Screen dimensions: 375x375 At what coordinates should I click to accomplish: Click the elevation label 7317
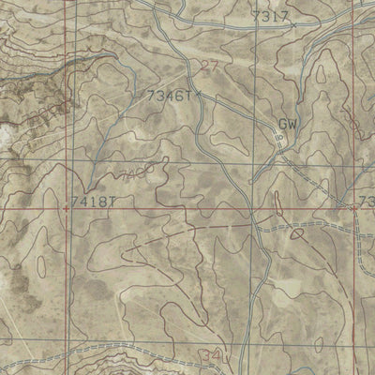coord(270,17)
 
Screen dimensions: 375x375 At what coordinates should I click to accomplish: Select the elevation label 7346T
coord(169,96)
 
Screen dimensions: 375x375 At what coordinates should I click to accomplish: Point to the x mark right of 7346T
coord(196,94)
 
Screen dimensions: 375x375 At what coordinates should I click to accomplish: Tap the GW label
coord(287,124)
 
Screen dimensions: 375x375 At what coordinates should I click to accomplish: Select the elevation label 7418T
coord(94,201)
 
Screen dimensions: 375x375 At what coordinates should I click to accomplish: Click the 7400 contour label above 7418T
coord(134,173)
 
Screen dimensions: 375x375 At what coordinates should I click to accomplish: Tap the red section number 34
coord(213,356)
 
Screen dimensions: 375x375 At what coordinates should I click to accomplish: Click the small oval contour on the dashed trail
coord(299,233)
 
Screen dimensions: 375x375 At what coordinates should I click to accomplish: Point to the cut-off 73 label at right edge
coord(366,202)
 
